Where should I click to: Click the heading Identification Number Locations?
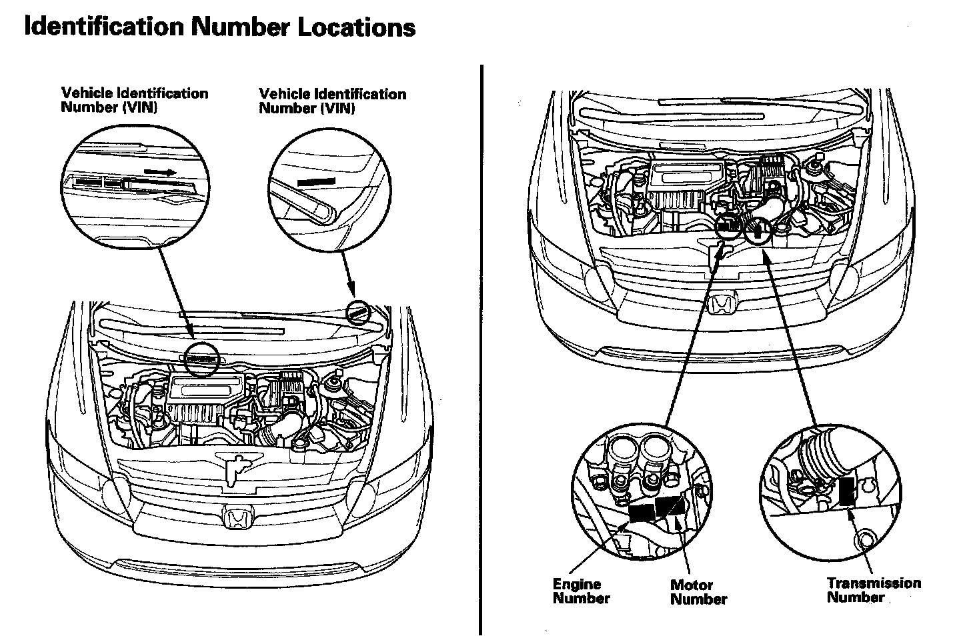(219, 27)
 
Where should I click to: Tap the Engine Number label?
(580, 591)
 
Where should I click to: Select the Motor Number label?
(698, 592)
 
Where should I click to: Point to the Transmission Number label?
(873, 590)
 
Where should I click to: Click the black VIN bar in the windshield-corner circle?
(318, 180)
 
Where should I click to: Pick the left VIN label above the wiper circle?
(135, 100)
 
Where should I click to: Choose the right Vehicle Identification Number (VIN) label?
(332, 101)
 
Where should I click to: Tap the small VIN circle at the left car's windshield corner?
(358, 311)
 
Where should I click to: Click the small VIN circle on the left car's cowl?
(203, 359)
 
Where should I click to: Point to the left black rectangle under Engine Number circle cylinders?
(641, 511)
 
